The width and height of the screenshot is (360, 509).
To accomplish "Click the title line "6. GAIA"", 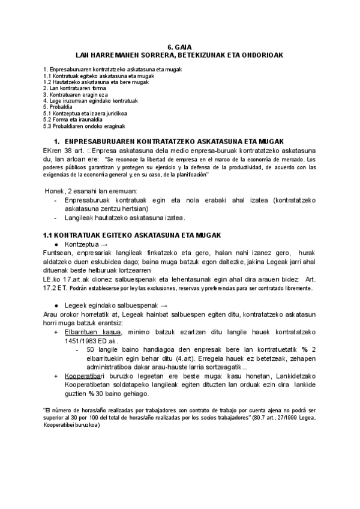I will coord(179,47).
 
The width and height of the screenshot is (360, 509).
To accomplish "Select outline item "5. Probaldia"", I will coord(58,107).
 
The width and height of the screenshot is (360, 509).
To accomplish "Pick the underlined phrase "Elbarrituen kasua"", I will coord(93,332).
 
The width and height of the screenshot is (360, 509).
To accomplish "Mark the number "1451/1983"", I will coord(81,340).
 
